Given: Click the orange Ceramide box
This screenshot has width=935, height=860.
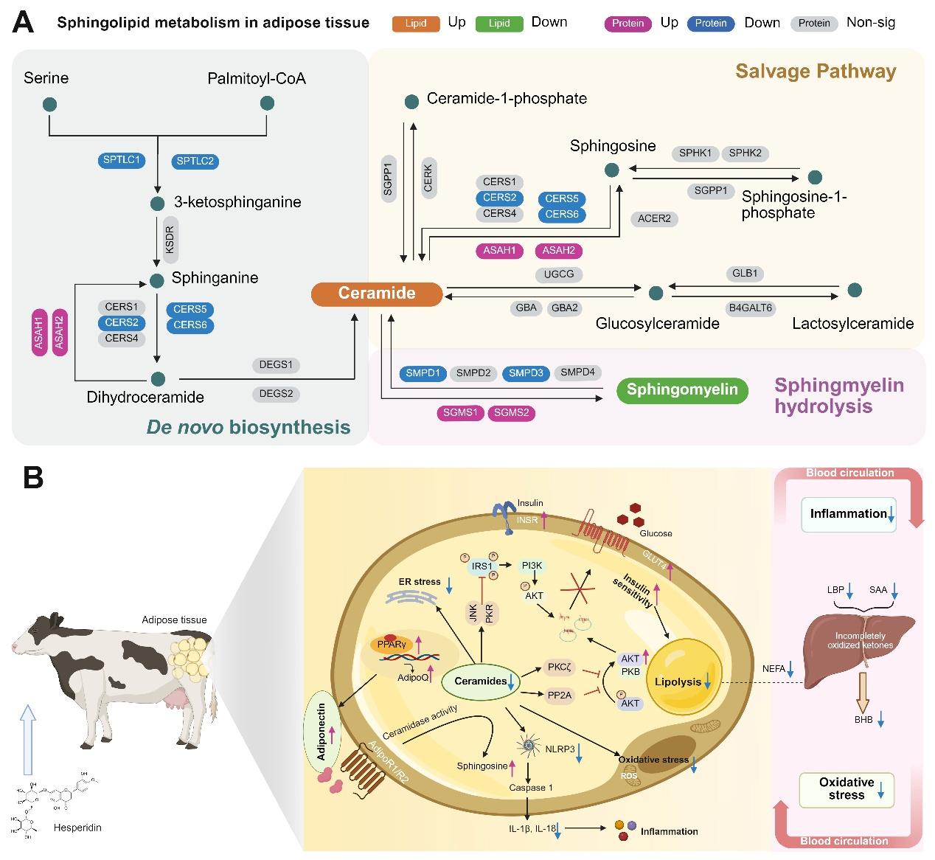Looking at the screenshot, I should [377, 294].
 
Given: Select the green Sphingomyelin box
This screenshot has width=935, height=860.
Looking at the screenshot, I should [682, 389].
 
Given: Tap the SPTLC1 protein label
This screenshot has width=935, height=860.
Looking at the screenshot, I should [122, 159].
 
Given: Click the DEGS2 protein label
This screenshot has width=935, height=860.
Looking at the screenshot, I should [277, 394].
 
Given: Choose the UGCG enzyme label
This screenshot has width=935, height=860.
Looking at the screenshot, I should [559, 274].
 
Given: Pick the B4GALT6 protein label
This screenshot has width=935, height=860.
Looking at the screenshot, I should [750, 308].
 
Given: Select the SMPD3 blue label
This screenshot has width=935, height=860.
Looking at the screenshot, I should [526, 373].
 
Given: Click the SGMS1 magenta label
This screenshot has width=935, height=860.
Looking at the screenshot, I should [460, 413].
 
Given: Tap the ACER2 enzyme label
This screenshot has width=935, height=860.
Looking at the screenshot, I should [655, 218].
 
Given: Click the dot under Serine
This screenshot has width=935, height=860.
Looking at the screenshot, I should [50, 105].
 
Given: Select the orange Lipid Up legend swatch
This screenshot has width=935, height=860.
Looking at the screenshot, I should [416, 24].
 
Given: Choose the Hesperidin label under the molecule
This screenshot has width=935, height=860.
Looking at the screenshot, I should [77, 828].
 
